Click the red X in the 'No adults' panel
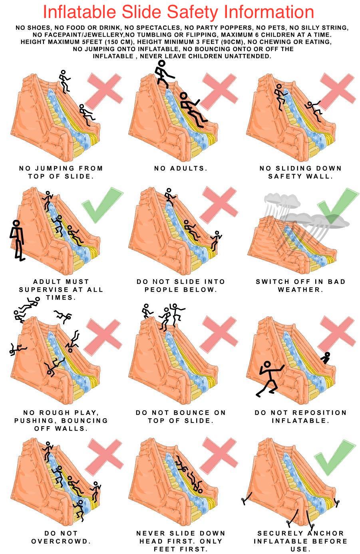click(219, 91)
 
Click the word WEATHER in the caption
click(300, 290)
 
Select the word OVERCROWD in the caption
click(61, 541)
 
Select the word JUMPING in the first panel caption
click(55, 169)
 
